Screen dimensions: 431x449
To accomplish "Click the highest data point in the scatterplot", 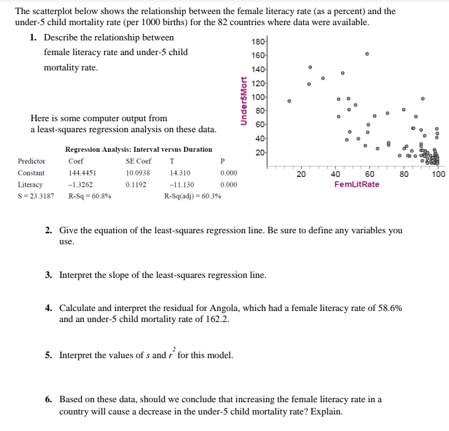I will (367, 54).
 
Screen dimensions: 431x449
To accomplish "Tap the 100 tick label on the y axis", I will (258, 97).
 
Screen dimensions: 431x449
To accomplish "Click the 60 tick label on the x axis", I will (369, 174).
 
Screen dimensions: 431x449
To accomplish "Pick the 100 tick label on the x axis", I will (438, 174).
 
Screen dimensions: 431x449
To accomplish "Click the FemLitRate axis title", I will (357, 184).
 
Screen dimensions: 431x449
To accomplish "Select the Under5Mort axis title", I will (243, 101).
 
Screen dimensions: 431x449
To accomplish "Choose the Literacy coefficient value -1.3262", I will (80, 184).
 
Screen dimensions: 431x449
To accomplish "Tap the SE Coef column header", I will (138, 161).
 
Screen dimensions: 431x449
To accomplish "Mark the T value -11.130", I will (182, 184).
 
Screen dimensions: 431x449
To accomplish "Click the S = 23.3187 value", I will (35, 196).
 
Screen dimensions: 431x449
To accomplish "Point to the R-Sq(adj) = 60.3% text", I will (193, 196).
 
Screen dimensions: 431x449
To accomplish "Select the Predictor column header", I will (32, 161).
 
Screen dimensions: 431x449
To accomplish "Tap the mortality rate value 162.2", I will (217, 319).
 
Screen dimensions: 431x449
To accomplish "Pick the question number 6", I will (48, 400).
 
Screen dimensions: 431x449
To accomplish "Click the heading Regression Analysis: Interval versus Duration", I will (138, 149).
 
